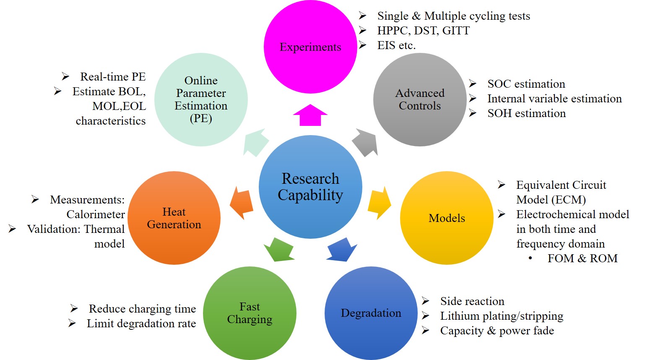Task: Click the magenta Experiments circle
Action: click(310, 47)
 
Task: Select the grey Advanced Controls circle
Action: click(420, 99)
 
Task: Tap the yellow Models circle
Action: click(447, 218)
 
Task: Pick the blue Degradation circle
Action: click(371, 313)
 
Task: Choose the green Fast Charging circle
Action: click(250, 313)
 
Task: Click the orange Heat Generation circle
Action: click(174, 218)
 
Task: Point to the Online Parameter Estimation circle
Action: click(201, 99)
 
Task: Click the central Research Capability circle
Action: click(310, 187)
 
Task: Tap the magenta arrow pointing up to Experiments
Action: click(310, 115)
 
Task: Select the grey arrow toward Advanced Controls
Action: click(364, 142)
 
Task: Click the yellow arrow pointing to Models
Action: click(379, 203)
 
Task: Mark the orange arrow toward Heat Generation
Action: click(242, 203)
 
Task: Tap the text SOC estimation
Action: click(526, 84)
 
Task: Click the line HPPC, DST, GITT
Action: click(423, 31)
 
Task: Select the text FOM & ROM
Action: click(582, 258)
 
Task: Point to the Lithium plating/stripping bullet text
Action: click(501, 316)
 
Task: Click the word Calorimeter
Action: click(96, 214)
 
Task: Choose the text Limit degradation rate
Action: click(141, 323)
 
